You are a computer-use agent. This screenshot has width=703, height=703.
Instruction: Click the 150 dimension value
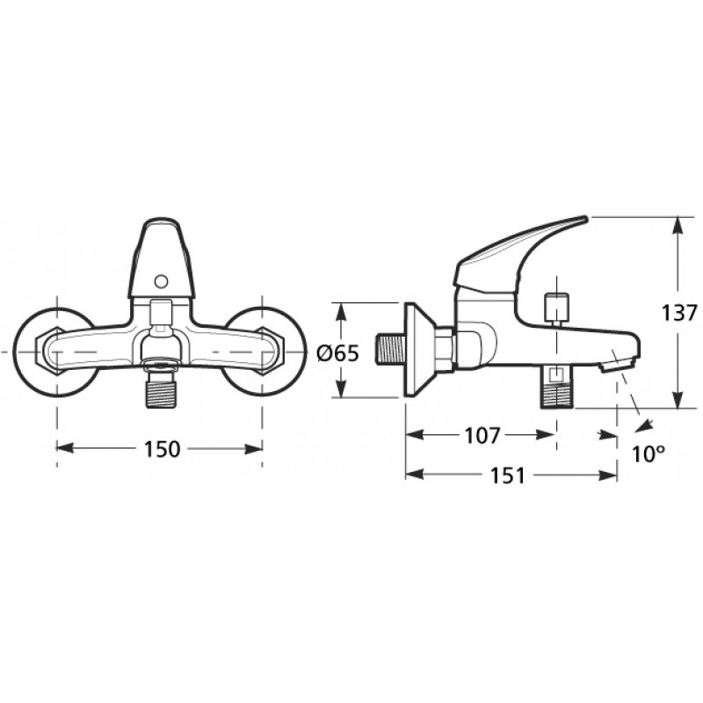tap(162, 449)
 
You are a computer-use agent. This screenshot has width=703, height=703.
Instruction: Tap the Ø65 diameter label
tap(338, 354)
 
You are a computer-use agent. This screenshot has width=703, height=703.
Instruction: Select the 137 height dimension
tap(680, 313)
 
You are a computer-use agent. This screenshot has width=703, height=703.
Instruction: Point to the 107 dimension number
tap(482, 435)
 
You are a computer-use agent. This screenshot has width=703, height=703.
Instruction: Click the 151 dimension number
tap(507, 475)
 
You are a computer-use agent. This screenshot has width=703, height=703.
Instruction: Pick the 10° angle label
tap(649, 454)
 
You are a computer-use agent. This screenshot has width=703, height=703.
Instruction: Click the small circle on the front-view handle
tap(161, 281)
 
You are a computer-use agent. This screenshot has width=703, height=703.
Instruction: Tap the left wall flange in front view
tap(52, 352)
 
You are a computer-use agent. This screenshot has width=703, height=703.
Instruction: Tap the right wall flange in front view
tap(266, 352)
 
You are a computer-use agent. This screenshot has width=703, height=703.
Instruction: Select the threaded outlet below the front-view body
tap(160, 392)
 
